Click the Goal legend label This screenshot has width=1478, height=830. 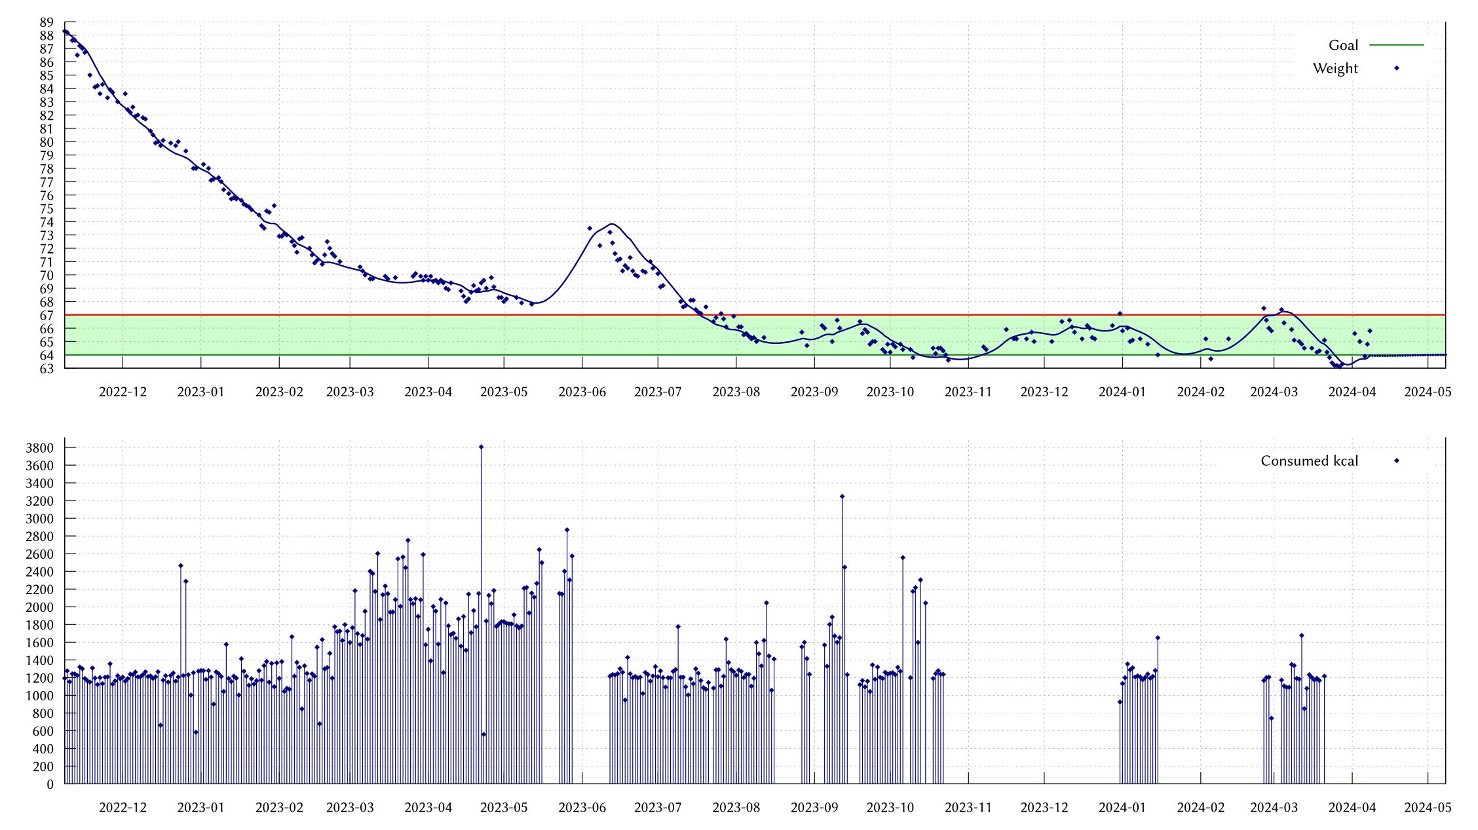tap(1342, 45)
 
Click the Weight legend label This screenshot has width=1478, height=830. tap(1335, 68)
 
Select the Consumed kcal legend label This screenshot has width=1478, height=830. tap(1308, 461)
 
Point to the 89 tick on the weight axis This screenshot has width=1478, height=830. tap(47, 22)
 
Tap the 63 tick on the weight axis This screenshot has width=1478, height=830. tap(47, 369)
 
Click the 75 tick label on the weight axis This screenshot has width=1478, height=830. tap(47, 209)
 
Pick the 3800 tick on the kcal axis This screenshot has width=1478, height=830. tap(39, 448)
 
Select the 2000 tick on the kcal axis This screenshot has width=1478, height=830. tap(39, 607)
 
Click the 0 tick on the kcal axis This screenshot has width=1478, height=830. tap(50, 784)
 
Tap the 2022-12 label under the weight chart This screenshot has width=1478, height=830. tap(123, 392)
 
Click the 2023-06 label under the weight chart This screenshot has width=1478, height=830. tap(582, 392)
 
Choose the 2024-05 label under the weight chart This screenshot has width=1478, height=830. tap(1428, 392)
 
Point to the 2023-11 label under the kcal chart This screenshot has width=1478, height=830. tap(968, 808)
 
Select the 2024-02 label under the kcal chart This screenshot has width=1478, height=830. tap(1200, 808)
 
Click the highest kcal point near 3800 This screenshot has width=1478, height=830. tap(481, 447)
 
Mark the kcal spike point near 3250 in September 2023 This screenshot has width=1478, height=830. tap(842, 497)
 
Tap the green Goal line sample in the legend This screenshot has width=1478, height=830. tap(1396, 45)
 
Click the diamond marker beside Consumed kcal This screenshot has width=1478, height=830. tap(1396, 461)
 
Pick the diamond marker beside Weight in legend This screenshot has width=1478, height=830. tap(1396, 68)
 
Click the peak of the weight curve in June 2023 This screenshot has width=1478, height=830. tap(612, 224)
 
